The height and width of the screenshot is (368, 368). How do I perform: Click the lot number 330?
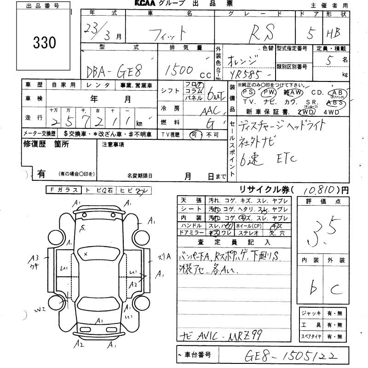[45, 43]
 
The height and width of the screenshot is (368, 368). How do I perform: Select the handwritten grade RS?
[262, 33]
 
